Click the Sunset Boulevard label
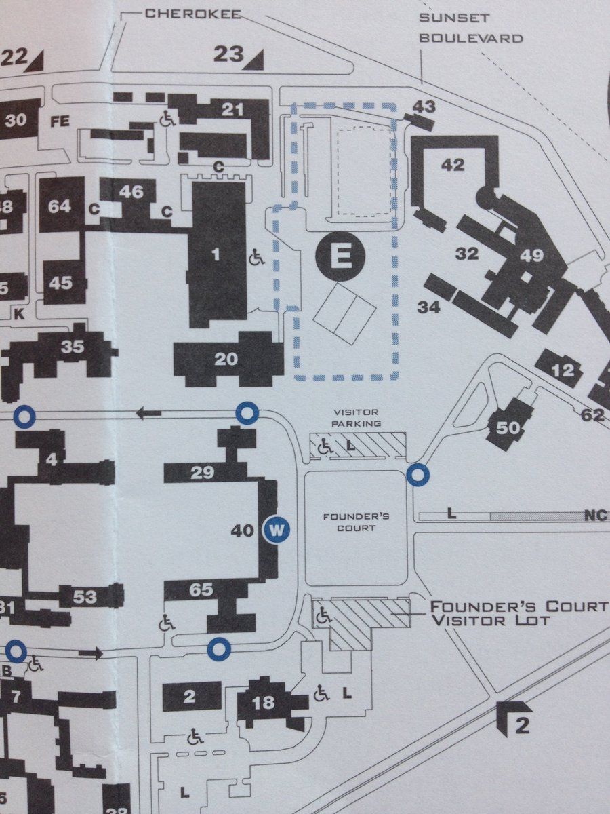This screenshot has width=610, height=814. (471, 29)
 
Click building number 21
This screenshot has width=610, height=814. (232, 109)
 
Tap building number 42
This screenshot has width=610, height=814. (453, 165)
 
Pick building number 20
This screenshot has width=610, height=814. (226, 360)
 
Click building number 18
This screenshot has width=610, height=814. (263, 703)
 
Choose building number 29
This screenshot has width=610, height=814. (202, 473)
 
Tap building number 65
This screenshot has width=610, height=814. (201, 590)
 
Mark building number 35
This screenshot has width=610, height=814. (72, 347)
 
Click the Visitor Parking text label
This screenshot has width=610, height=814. (357, 418)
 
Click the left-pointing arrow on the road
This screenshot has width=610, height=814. (148, 412)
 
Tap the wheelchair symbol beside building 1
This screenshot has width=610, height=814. (258, 256)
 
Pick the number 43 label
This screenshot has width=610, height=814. (424, 106)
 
